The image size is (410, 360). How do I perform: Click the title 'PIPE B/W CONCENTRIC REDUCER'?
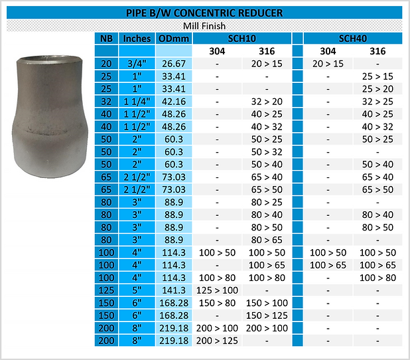pyautogui.click(x=204, y=13)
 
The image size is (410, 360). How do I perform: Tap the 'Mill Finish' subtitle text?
pyautogui.click(x=204, y=26)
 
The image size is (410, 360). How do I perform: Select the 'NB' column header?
pyautogui.click(x=106, y=39)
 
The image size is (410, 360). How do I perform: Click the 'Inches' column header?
pyautogui.click(x=137, y=39)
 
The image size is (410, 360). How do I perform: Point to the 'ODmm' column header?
pyautogui.click(x=174, y=39)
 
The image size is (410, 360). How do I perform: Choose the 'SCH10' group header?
pyautogui.click(x=242, y=39)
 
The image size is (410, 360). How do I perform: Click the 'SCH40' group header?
pyautogui.click(x=353, y=39)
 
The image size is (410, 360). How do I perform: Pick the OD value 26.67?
pyautogui.click(x=174, y=64)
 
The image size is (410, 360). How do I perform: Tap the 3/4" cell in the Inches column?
pyautogui.click(x=137, y=64)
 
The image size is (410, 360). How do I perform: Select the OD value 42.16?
pyautogui.click(x=174, y=102)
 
